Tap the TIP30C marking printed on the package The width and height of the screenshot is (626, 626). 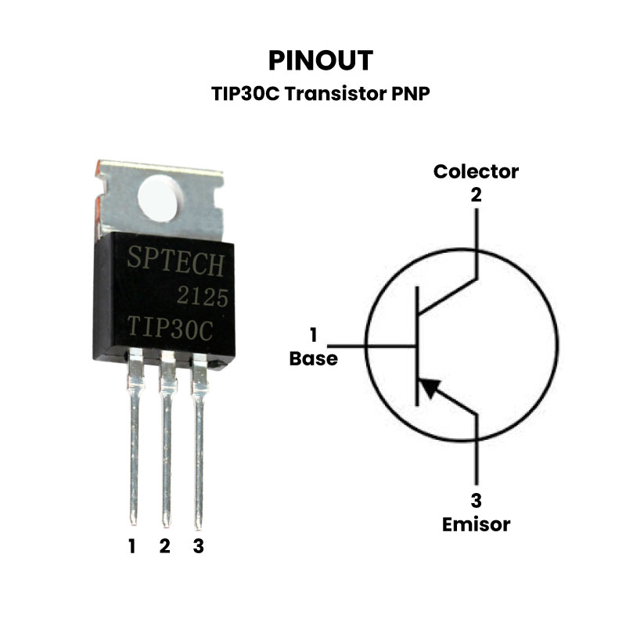(x=171, y=328)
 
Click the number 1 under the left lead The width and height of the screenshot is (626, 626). (x=132, y=546)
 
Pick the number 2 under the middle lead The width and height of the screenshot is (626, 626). (x=164, y=546)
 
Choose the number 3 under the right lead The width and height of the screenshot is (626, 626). (x=198, y=546)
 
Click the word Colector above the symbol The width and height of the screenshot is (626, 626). (x=476, y=171)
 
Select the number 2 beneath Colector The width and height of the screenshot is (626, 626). (x=476, y=195)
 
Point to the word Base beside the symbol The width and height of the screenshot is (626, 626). (x=314, y=359)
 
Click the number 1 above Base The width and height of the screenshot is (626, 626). (x=313, y=336)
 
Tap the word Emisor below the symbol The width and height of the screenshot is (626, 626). (x=476, y=523)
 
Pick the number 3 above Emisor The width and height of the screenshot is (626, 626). (x=476, y=501)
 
